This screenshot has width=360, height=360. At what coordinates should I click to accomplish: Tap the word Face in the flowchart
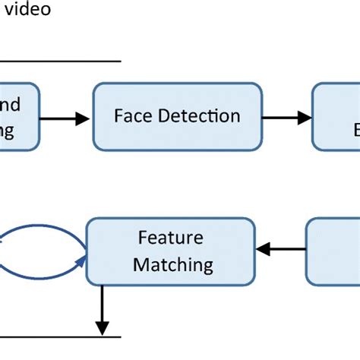[x=131, y=116]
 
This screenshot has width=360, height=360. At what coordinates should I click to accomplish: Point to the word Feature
[x=171, y=238]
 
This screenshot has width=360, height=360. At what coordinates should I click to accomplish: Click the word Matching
[x=172, y=264]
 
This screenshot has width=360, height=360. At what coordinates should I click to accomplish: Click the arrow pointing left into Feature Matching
[x=281, y=248]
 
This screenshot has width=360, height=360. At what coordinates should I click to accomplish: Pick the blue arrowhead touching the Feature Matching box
[x=81, y=261]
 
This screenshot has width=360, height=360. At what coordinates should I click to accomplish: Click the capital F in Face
[x=118, y=116]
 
